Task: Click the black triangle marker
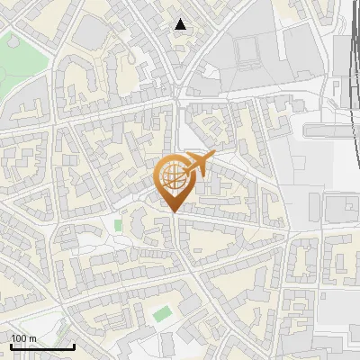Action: pos(181,24)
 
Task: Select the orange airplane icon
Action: pos(197,165)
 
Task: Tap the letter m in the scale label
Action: pos(32,338)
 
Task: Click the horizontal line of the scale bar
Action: pos(40,346)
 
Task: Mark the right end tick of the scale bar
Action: pos(73,345)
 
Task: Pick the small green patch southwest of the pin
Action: pos(118,223)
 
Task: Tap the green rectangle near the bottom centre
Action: pos(162,314)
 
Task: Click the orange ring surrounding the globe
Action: pos(159,175)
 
